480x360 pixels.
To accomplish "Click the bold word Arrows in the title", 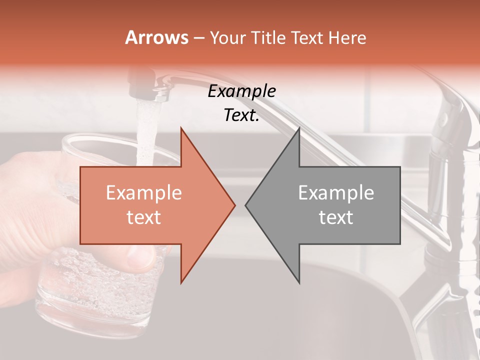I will [x=157, y=37].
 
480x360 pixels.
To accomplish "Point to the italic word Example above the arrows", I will [x=241, y=91].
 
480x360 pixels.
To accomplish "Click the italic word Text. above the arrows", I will [x=241, y=115].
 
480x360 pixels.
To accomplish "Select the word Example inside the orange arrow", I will [x=144, y=193].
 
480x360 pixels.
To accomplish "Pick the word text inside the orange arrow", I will [x=144, y=217].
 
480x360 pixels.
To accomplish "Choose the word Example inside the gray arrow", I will [x=336, y=193].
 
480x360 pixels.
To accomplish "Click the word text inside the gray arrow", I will [x=336, y=217].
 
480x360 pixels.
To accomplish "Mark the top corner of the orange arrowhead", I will [x=181, y=128].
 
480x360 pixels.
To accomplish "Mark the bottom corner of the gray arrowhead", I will [x=299, y=282].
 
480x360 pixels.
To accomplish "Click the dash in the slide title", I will [x=198, y=38].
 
